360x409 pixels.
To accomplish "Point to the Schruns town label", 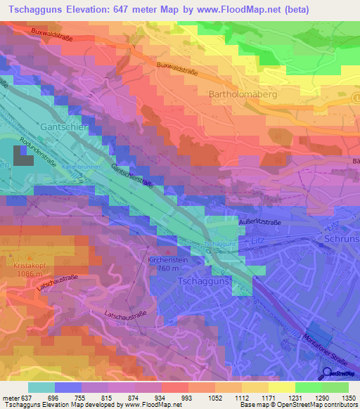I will (x=342, y=239).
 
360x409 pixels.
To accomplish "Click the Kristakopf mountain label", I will (x=29, y=267).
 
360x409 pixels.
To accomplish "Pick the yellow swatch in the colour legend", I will (x=281, y=387).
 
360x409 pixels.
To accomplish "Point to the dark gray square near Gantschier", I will (x=22, y=155).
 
